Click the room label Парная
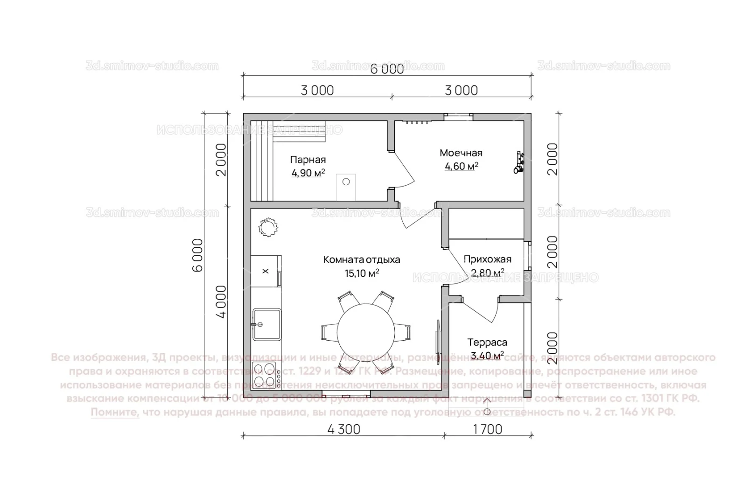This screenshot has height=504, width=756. coord(308,160)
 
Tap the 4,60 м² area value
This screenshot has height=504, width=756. coord(461,166)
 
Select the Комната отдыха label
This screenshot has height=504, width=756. coord(362,260)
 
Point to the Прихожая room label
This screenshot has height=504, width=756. coord(487,259)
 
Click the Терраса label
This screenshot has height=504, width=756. coord(487,343)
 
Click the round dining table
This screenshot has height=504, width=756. coord(365,332)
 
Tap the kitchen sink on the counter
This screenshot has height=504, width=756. coord(267,324)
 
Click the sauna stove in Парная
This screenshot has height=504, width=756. coord(346,187)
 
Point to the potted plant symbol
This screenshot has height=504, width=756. coord(268,228)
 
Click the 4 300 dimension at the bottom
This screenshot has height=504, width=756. coord(343,429)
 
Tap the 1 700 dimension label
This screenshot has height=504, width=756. coord(488,429)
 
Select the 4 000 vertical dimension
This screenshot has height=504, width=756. coord(221,301)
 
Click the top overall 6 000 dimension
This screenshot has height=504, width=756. coord(387,69)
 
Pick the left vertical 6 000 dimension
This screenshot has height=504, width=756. coord(198,255)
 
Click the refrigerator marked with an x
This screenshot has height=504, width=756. coord(266,271)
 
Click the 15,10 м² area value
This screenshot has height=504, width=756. coord(362,273)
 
